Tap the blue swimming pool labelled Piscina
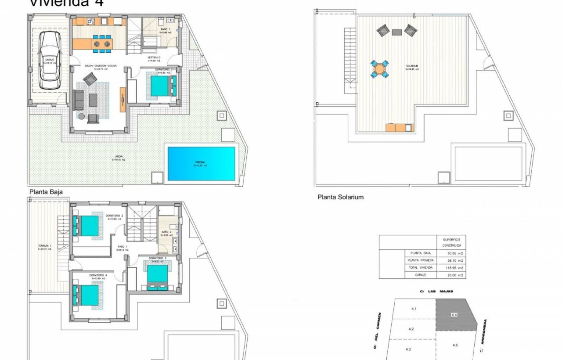pyautogui.click(x=201, y=164)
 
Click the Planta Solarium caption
pyautogui.click(x=340, y=197)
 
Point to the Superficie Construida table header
pyautogui.click(x=451, y=241)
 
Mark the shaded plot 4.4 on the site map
pyautogui.click(x=455, y=315)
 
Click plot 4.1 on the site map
pyautogui.click(x=414, y=309)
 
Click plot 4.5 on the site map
pyautogui.click(x=455, y=346)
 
